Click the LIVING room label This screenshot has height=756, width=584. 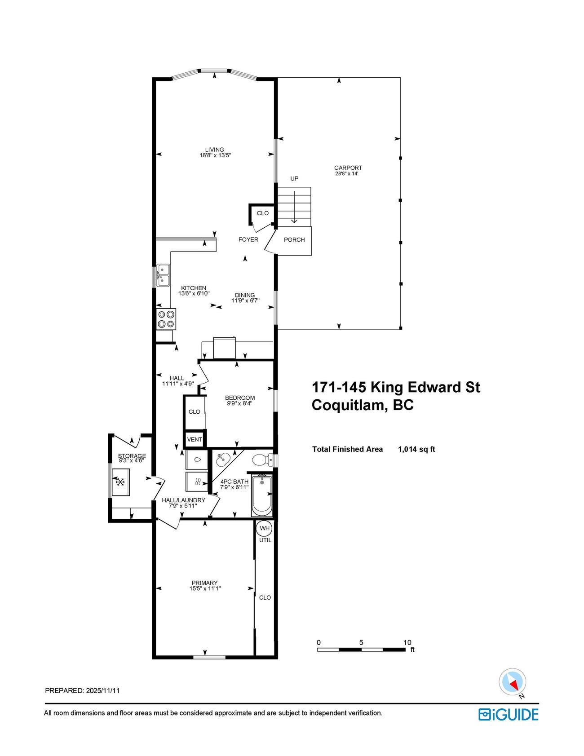(214, 150)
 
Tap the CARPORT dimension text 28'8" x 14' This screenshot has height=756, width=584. (346, 174)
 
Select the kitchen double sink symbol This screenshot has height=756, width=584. (163, 275)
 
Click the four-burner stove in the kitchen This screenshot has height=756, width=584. (166, 319)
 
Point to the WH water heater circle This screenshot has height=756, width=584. (265, 528)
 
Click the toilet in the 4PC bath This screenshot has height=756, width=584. (261, 460)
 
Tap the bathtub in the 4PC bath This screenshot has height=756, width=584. (262, 495)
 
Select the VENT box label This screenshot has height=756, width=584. (195, 439)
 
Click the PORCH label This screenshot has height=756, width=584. (294, 240)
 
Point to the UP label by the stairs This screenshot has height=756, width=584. (294, 178)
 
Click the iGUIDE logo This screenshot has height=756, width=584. (508, 715)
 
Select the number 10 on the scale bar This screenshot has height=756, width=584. (407, 642)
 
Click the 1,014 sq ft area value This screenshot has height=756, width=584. (416, 449)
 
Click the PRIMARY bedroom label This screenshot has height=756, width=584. (204, 583)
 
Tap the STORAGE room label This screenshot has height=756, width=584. (132, 456)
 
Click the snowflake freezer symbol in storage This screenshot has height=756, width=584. (120, 482)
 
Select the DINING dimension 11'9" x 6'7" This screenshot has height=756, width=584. (245, 301)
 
